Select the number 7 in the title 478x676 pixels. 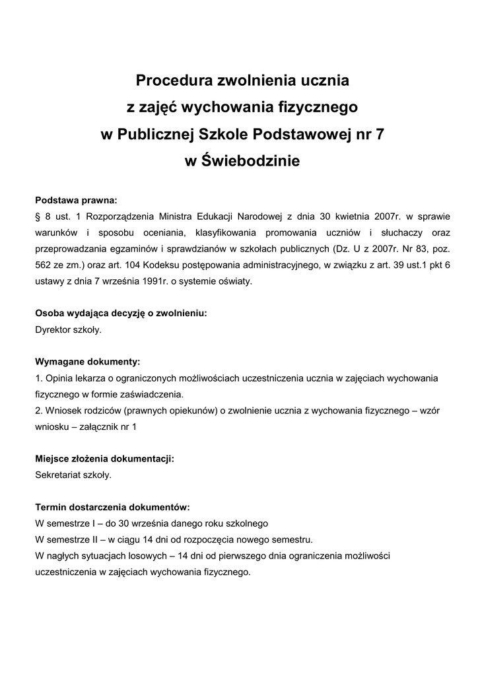tap(378, 134)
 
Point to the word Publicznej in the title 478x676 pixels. tap(151, 134)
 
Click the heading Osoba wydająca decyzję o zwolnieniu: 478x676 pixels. tap(121, 314)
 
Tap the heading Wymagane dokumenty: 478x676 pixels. tap(87, 362)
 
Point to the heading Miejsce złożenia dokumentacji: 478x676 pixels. tap(104, 459)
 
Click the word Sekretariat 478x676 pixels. tap(59, 475)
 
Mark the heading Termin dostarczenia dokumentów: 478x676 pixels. tap(112, 507)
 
